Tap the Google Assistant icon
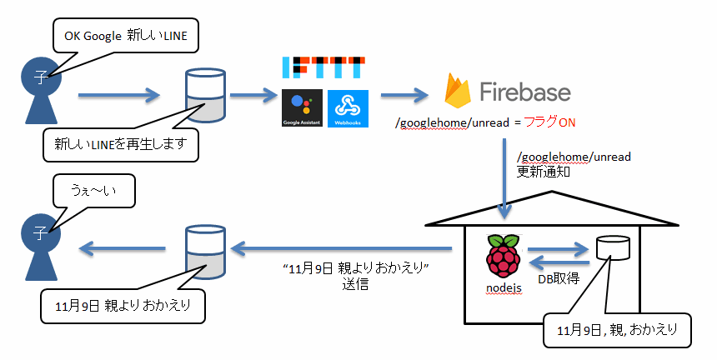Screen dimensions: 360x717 [303, 107]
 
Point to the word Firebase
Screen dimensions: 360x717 [524, 91]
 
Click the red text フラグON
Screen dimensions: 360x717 [544, 123]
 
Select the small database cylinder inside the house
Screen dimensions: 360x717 [612, 247]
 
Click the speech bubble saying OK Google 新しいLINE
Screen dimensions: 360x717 [125, 37]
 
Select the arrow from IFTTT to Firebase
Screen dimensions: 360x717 [404, 94]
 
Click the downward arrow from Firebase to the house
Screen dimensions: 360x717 [505, 175]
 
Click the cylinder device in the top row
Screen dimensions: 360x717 [204, 94]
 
